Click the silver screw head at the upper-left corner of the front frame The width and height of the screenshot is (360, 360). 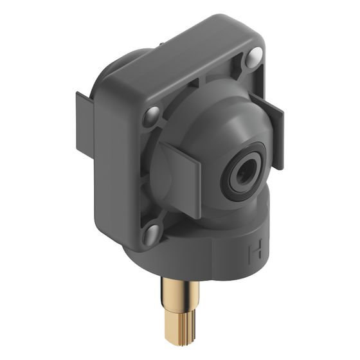click(151, 116)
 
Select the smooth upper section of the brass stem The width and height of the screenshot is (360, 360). click(180, 294)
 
